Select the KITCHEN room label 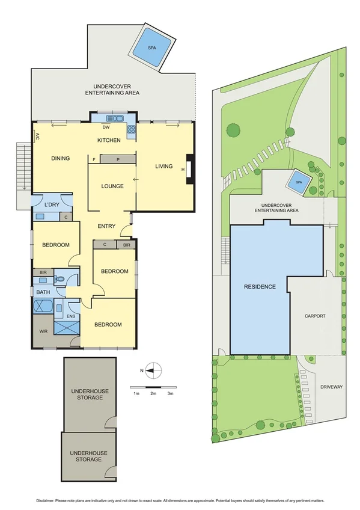coord(109,140)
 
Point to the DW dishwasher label coord(106,127)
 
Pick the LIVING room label coord(163,167)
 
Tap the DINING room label coord(60,159)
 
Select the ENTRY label coord(106,226)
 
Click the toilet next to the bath coord(60,279)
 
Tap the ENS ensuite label coord(71,316)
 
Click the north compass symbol coord(153,370)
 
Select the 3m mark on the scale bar coord(170,393)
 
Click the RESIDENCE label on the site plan coord(260,287)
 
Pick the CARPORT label coord(315,315)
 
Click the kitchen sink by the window coord(113,118)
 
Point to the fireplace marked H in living coord(189,169)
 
